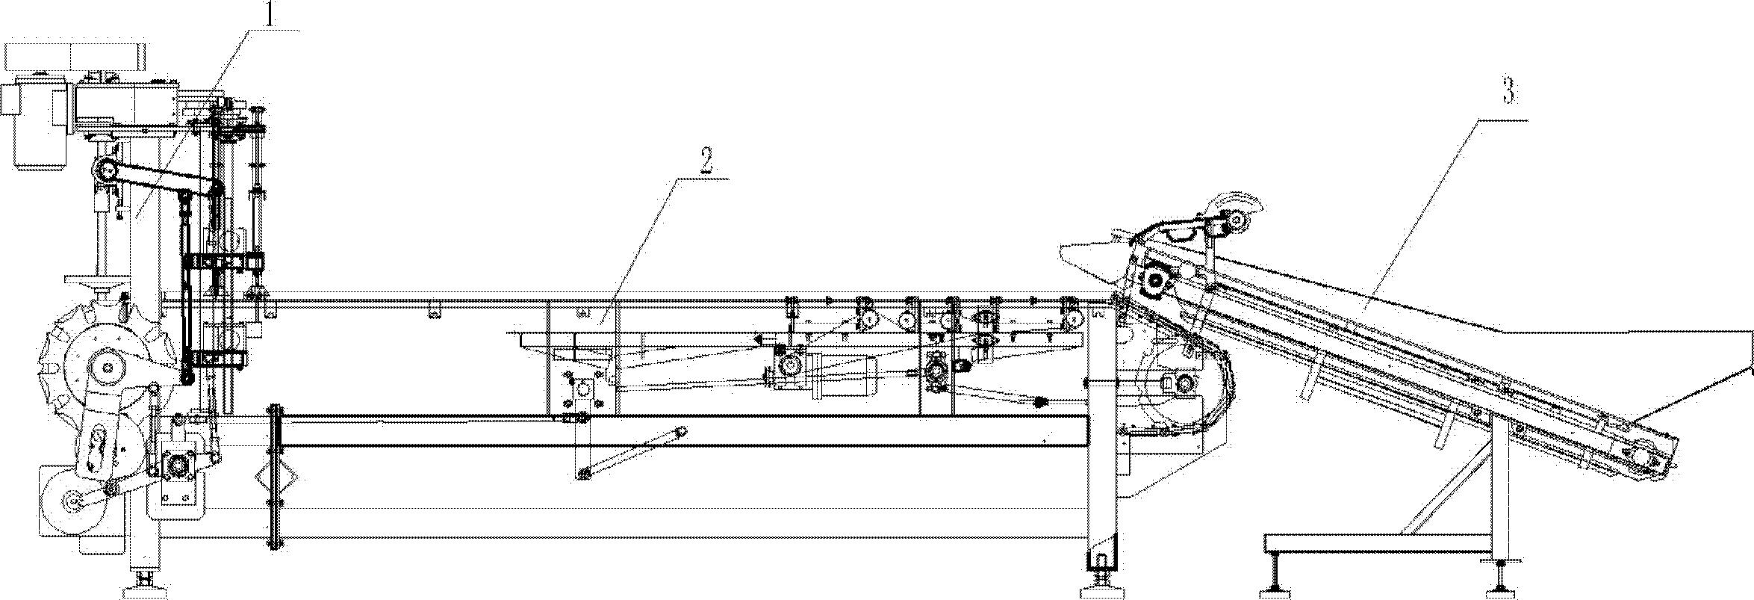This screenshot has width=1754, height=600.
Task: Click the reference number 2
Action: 707,161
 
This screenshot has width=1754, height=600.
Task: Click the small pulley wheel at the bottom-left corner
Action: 74,504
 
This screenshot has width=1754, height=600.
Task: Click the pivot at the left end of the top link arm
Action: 105,171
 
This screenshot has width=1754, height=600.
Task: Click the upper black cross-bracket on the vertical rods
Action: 223,263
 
